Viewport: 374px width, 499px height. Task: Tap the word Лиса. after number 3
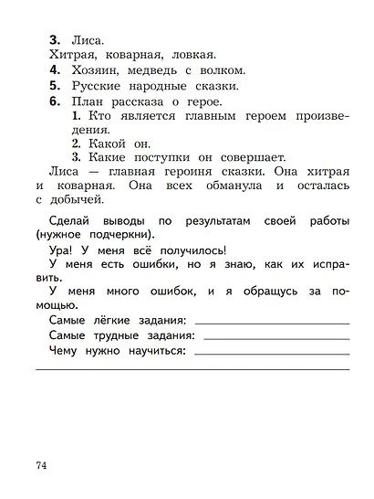tap(90, 40)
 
